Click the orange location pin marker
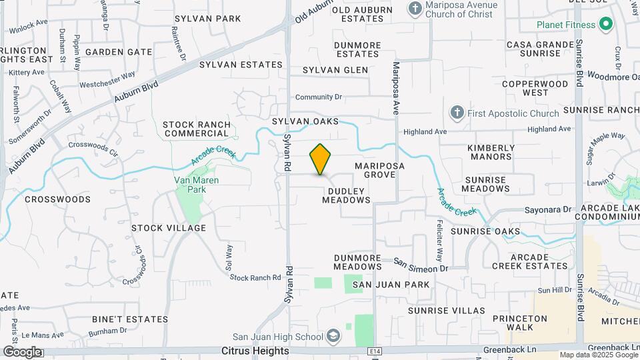(321, 159)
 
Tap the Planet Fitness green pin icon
(605, 25)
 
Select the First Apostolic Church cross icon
(457, 113)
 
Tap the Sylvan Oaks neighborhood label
(305, 121)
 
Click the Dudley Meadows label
(346, 195)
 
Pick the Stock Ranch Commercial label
(196, 129)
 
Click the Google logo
(22, 351)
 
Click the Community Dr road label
(319, 97)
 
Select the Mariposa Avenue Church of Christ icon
(415, 9)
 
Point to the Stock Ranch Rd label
(255, 277)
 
